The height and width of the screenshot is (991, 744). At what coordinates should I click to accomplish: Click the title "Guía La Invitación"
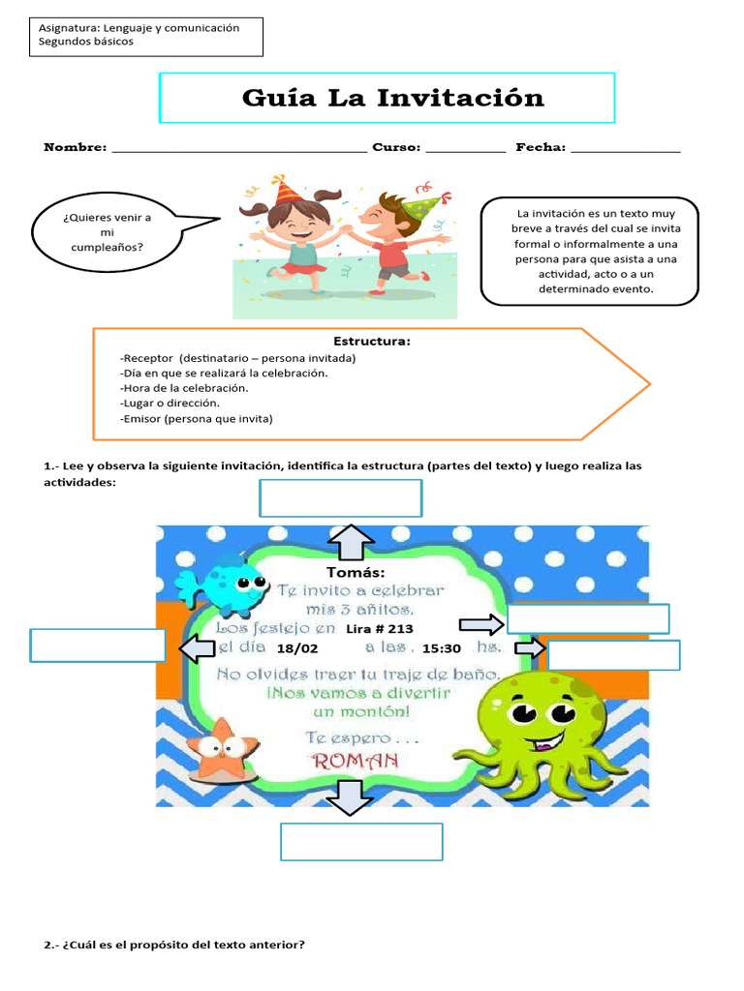click(392, 98)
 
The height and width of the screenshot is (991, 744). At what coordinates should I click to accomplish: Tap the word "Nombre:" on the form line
click(75, 147)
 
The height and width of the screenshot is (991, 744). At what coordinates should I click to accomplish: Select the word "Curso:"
click(396, 147)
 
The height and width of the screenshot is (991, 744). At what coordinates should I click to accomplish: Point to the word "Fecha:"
click(540, 147)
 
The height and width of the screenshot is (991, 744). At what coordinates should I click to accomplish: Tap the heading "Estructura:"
click(372, 342)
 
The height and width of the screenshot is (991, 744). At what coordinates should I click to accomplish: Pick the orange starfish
click(223, 749)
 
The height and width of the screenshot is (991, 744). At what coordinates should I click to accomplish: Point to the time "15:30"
click(441, 648)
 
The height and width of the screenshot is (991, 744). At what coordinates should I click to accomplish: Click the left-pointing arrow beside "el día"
click(197, 648)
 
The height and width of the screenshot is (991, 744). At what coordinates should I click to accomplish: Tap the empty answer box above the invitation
click(340, 498)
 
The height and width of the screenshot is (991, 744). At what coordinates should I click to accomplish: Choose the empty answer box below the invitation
click(361, 841)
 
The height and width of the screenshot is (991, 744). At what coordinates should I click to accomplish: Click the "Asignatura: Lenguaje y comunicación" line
click(139, 28)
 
